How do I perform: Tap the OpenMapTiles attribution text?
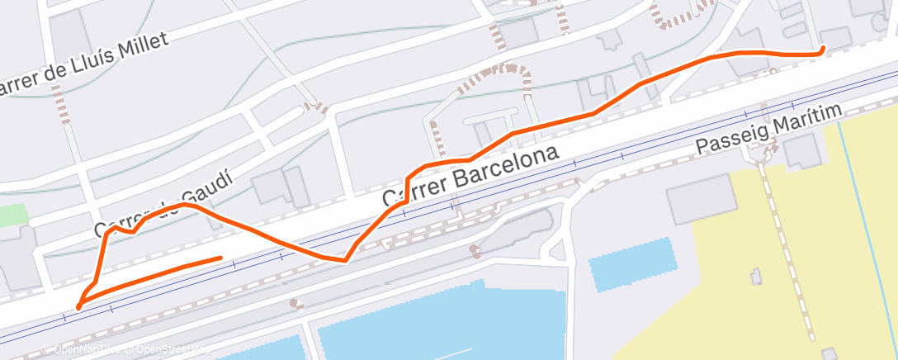(83, 350)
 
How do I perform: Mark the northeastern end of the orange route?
(822, 50)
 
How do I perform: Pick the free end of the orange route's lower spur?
(220, 258)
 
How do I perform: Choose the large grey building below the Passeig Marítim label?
(702, 198)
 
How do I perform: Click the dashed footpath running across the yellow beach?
(785, 248)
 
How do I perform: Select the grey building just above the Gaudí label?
(281, 187)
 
